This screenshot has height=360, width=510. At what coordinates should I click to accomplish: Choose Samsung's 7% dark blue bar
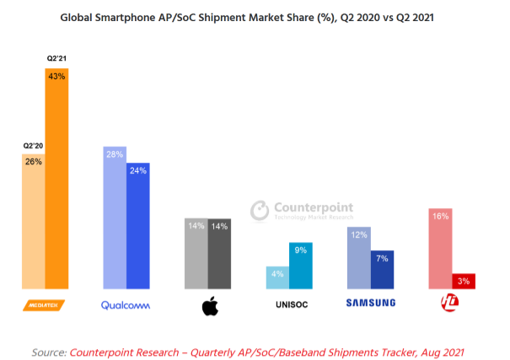[x=383, y=269]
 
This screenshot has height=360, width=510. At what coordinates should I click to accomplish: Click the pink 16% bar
[x=441, y=249]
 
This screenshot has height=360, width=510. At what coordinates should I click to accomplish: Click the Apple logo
[x=209, y=306]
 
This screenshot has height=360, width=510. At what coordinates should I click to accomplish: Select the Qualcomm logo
[x=126, y=304]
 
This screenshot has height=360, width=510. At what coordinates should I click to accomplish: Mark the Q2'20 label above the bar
[x=34, y=147]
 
